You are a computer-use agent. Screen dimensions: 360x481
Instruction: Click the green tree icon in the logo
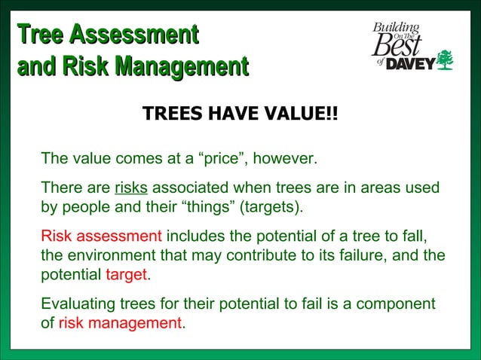point(446,59)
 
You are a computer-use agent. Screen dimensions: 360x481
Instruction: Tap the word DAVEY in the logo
point(411,64)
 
